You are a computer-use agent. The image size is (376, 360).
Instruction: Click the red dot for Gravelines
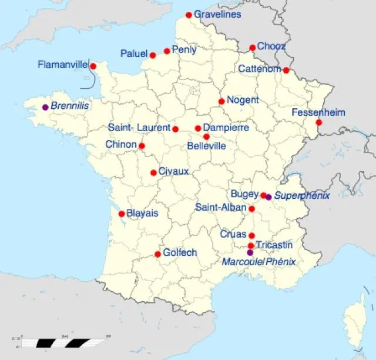point(189,15)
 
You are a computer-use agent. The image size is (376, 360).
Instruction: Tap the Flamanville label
point(62,64)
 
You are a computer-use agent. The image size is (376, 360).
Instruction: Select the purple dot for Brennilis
point(45,107)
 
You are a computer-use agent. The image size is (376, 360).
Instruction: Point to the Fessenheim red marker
point(318,122)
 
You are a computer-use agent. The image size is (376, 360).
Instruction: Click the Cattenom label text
point(259,69)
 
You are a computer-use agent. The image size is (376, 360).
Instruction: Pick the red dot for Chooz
point(252,48)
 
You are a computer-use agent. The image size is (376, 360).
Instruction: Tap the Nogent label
point(243,100)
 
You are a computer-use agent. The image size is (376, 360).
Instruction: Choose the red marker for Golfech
point(157,254)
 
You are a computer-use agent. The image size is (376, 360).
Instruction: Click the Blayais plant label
point(142,214)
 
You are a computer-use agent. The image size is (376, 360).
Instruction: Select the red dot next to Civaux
point(153,172)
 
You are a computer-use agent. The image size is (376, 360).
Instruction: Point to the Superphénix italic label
point(302,195)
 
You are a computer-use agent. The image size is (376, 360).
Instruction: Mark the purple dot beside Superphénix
point(268,197)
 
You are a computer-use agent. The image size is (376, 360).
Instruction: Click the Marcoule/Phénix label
point(258,262)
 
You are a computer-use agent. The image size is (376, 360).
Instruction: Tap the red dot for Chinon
point(142,146)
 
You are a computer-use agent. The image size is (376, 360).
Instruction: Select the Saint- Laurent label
point(139,127)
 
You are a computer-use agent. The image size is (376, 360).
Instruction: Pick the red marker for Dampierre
point(198,128)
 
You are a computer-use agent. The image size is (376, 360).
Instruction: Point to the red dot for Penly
point(167,51)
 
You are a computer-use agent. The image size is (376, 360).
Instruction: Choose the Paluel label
point(134,54)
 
